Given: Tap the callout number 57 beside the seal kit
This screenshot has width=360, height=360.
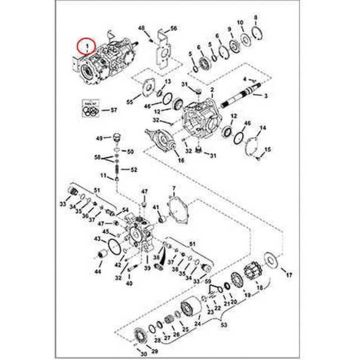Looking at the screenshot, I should coord(114,110).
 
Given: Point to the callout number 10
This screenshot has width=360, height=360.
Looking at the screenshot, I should coord(240,23).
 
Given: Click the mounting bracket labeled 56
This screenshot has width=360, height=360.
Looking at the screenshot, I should coord(163,50).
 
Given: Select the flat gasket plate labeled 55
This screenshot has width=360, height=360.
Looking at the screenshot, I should coord(148,87).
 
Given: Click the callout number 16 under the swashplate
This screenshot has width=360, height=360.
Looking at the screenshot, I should coord(181,161).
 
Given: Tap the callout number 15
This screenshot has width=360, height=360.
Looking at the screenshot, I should coord(268,149).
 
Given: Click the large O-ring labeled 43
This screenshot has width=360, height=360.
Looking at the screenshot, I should coord(114,247).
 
